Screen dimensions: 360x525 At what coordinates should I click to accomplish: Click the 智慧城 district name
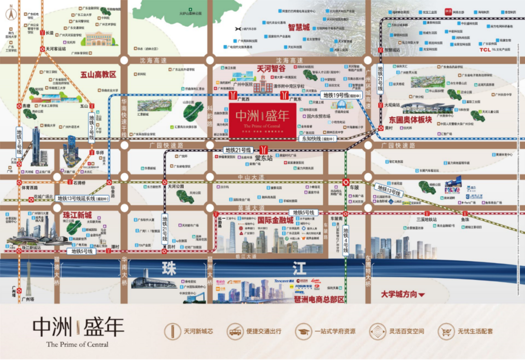tap(299, 28)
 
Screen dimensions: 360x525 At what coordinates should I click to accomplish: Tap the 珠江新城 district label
tap(77, 215)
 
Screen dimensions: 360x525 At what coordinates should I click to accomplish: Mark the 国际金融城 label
tap(276, 220)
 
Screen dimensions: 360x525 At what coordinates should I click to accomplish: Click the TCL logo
tap(485, 49)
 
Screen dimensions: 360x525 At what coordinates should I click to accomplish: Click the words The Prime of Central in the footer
tap(77, 344)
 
